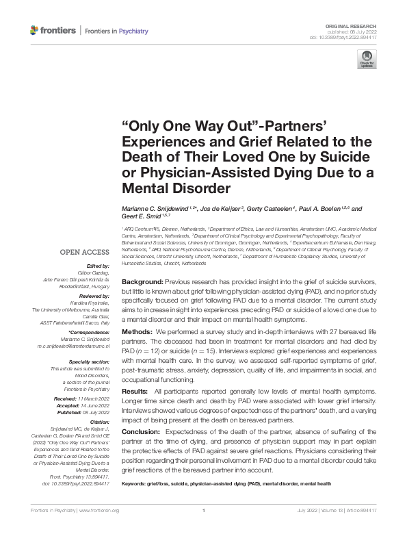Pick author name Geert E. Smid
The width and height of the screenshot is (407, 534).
[x=142, y=218]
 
